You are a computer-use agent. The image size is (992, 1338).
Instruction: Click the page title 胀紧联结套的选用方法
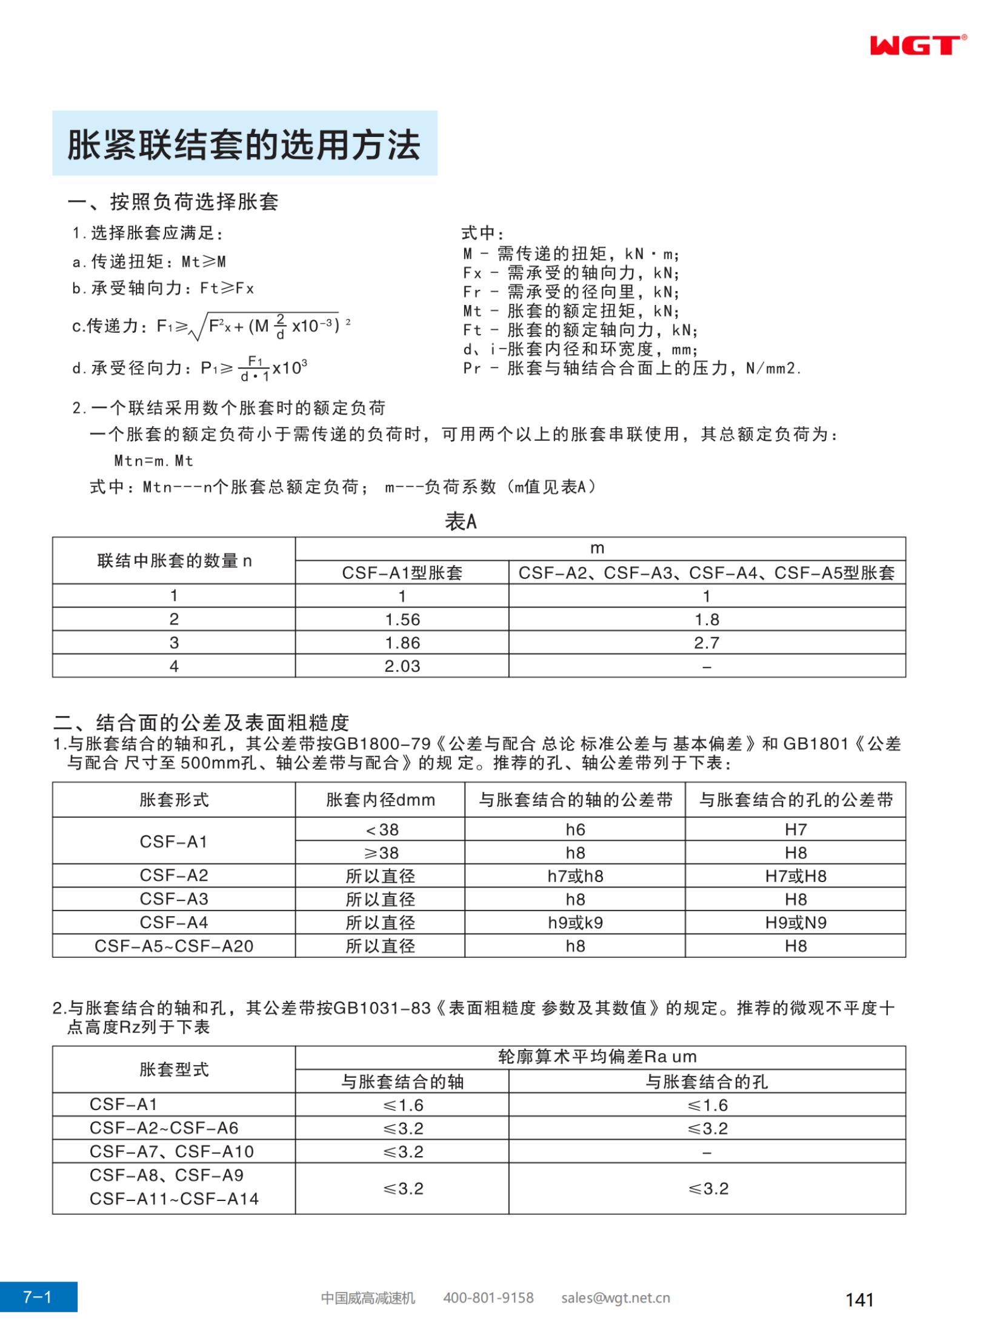[x=244, y=145]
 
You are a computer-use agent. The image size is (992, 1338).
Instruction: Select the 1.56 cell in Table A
[x=402, y=620]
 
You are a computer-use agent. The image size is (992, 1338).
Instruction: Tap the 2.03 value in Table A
[x=402, y=666]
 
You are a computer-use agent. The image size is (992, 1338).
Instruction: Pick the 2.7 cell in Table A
[x=707, y=643]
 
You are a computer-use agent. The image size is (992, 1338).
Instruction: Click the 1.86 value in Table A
[x=402, y=643]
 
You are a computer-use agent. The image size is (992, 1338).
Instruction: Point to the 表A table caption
[x=461, y=521]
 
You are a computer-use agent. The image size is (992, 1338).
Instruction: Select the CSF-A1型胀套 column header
[x=402, y=573]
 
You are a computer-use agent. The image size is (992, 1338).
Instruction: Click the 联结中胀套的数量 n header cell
[x=174, y=561]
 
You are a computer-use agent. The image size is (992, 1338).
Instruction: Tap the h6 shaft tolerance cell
[x=575, y=829]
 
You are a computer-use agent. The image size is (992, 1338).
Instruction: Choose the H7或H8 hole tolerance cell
[x=796, y=876]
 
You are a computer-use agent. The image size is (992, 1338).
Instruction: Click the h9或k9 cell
[x=575, y=923]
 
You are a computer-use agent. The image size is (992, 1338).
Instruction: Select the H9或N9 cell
[x=796, y=923]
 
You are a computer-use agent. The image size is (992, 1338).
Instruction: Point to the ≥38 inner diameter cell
[x=381, y=853]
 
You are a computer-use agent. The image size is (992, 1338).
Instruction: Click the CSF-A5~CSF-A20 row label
[x=174, y=946]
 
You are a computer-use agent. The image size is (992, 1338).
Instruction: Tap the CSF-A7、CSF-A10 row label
[x=171, y=1151]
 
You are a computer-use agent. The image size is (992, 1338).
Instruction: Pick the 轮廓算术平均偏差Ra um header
[x=598, y=1057]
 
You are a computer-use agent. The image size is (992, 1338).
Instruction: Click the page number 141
[x=859, y=1299]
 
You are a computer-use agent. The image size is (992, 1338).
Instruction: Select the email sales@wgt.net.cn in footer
[x=615, y=1297]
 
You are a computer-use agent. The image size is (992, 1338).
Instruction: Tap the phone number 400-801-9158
[x=488, y=1297]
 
